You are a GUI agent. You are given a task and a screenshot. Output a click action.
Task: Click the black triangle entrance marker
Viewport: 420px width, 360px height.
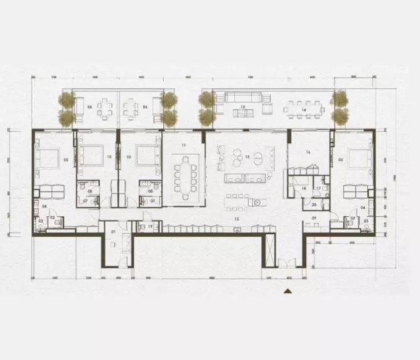click(x=287, y=291)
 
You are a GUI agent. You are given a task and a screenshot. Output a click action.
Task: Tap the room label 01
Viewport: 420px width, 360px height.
click(x=113, y=232)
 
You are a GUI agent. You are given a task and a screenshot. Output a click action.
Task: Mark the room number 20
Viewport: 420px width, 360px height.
click(x=314, y=204)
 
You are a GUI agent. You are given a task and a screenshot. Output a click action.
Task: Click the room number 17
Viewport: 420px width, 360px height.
click(x=318, y=189)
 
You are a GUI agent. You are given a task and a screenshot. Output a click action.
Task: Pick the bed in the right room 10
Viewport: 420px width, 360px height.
click(x=146, y=155)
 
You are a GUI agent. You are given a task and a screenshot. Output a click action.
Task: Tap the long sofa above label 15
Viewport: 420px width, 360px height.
click(x=242, y=98)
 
